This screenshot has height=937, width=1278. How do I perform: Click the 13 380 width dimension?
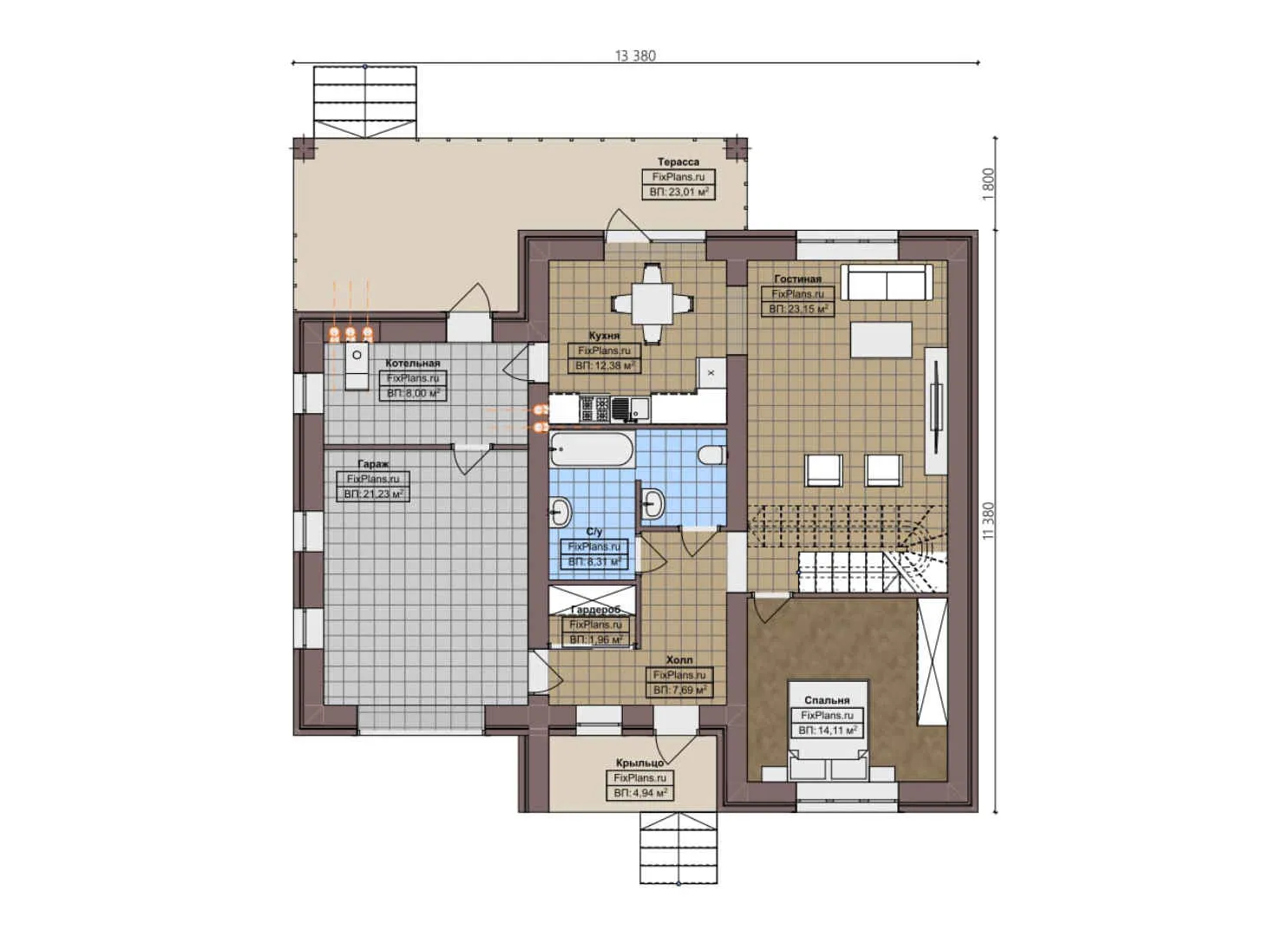pyautogui.click(x=635, y=56)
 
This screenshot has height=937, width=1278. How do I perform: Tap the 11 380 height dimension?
pyautogui.click(x=988, y=521)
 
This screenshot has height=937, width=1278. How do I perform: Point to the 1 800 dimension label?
pyautogui.click(x=988, y=183)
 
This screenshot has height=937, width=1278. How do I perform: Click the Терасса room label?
pyautogui.click(x=678, y=162)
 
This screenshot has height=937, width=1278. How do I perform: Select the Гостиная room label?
pyautogui.click(x=797, y=278)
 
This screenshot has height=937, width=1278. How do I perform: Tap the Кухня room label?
pyautogui.click(x=604, y=336)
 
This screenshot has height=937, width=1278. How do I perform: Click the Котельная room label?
pyautogui.click(x=413, y=364)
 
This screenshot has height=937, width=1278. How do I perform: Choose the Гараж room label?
pyautogui.click(x=373, y=464)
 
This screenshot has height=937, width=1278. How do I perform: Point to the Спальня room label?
pyautogui.click(x=826, y=700)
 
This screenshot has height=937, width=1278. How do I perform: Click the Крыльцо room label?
pyautogui.click(x=640, y=763)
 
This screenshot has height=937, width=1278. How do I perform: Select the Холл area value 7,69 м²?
pyautogui.click(x=680, y=690)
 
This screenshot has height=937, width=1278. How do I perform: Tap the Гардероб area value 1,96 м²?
pyautogui.click(x=595, y=639)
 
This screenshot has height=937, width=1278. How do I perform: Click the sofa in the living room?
pyautogui.click(x=886, y=282)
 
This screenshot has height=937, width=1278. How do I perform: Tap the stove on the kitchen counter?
pyautogui.click(x=594, y=408)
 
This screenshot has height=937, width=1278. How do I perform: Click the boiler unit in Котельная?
pyautogui.click(x=357, y=366)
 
